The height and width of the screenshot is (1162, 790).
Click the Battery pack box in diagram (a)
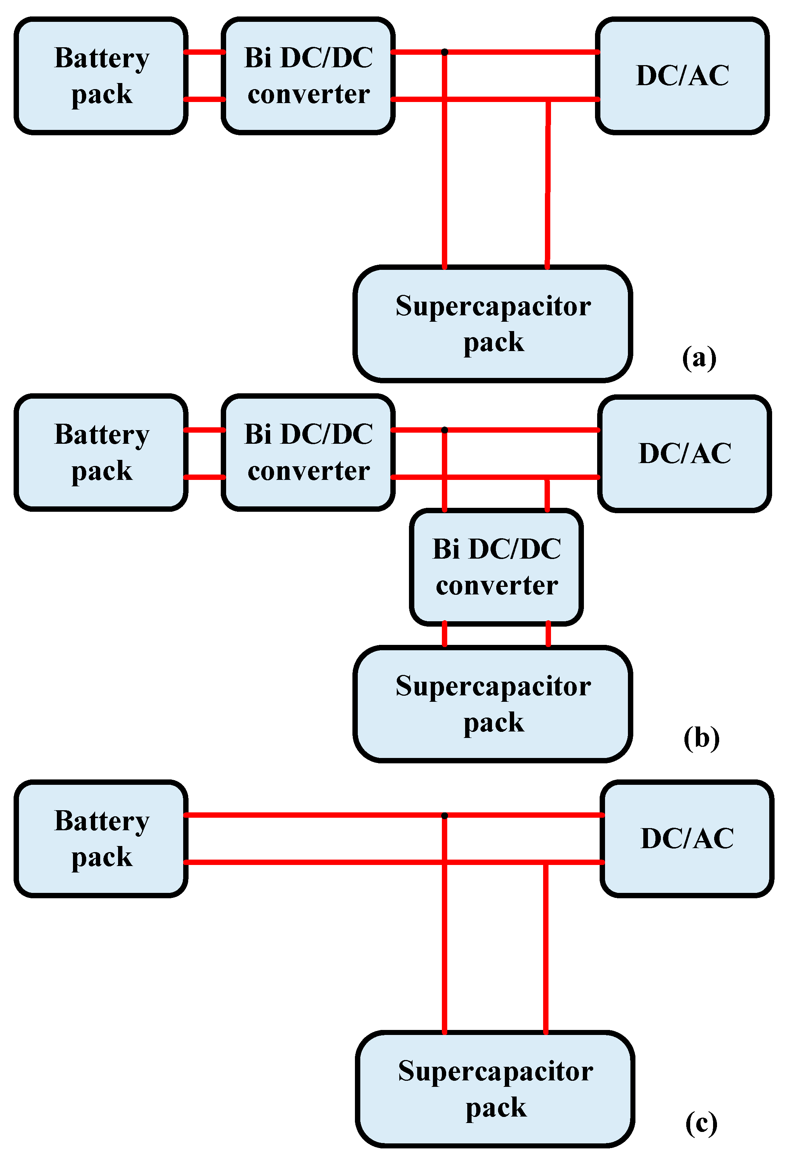point(101,76)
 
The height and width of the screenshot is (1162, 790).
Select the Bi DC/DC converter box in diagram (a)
point(308,76)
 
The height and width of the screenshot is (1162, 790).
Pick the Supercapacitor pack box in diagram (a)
point(493,324)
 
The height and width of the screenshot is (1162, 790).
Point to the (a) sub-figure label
point(699,358)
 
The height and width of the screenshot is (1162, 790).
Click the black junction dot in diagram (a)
point(444,52)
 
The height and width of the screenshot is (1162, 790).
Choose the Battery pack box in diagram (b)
point(101,452)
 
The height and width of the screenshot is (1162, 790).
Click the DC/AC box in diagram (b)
point(684,453)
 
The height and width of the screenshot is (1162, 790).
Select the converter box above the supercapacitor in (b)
point(497,567)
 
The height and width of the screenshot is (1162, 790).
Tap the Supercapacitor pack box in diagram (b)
point(493,704)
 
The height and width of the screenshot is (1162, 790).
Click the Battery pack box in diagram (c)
point(101,838)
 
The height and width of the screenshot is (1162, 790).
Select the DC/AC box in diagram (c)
point(687,838)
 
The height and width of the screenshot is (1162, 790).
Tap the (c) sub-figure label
point(701,1123)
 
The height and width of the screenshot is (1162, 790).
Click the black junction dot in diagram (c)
point(444,816)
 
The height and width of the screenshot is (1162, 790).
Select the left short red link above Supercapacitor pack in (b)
point(444,635)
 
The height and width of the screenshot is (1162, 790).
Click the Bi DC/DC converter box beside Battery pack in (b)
point(308,452)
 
